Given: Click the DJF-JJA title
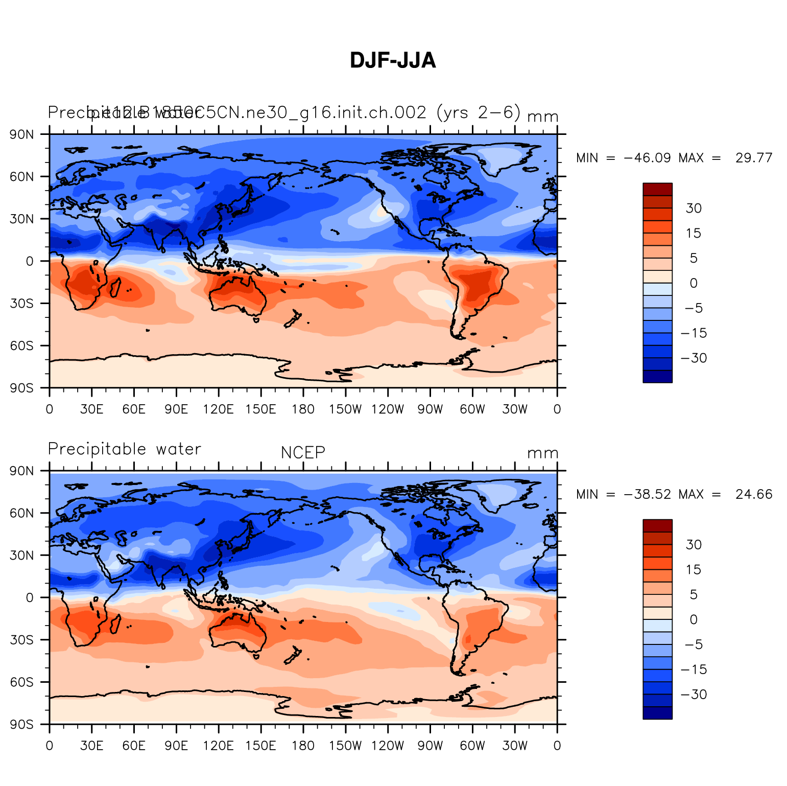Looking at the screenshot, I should click(x=393, y=60).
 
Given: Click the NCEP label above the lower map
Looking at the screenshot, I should click(x=303, y=453).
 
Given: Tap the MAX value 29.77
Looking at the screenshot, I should click(x=754, y=158).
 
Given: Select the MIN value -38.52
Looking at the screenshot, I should click(x=647, y=494).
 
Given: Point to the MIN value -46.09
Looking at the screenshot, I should click(x=647, y=158).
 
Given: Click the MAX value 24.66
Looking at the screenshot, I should click(x=754, y=494).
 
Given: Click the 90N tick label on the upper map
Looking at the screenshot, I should click(x=22, y=134).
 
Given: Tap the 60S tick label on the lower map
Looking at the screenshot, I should click(x=22, y=682).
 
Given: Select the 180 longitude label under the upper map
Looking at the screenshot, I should click(x=303, y=409).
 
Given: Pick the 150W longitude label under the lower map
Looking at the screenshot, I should click(x=345, y=746).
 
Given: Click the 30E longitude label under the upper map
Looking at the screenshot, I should click(x=91, y=409).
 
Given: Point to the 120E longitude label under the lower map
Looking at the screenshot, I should click(x=219, y=746).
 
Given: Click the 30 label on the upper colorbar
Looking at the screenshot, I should click(x=694, y=208).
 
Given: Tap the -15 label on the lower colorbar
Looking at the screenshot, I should click(x=694, y=669).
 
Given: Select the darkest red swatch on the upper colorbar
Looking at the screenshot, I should click(x=657, y=189).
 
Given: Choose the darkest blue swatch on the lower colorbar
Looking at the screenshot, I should click(x=657, y=713).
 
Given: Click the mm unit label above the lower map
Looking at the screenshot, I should click(x=542, y=453).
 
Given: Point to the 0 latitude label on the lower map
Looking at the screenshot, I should click(x=30, y=597).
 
